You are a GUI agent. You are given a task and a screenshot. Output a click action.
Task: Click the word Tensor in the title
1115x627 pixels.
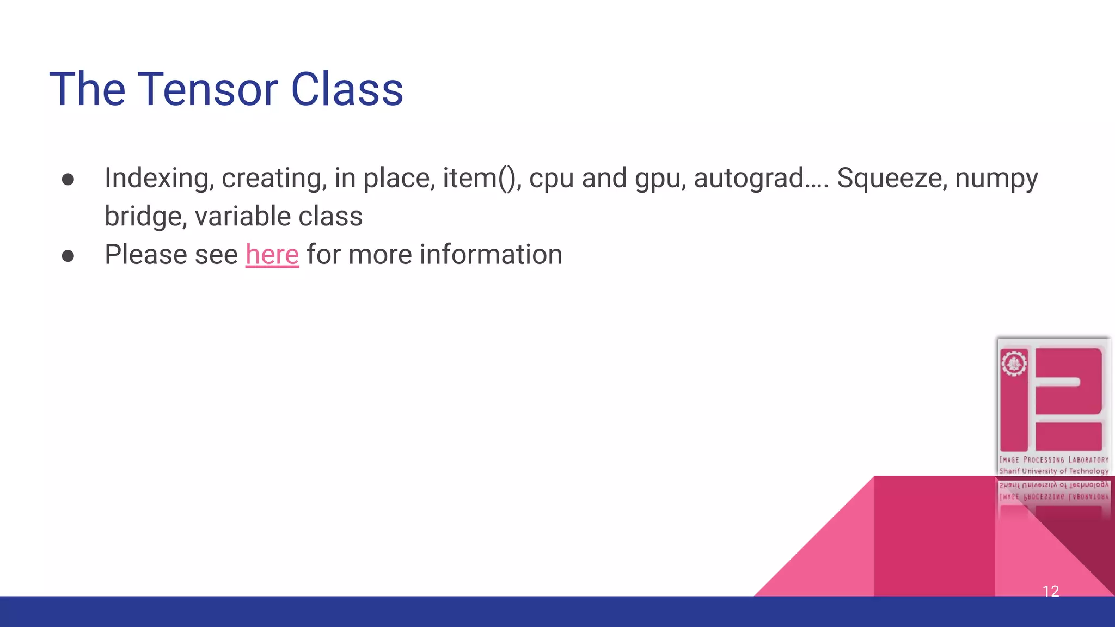(x=208, y=89)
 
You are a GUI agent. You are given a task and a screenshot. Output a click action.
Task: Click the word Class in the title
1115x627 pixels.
(x=347, y=89)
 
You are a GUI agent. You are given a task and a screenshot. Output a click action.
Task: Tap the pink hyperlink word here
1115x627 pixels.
(x=272, y=255)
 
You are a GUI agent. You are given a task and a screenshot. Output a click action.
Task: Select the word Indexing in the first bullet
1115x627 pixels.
(x=159, y=179)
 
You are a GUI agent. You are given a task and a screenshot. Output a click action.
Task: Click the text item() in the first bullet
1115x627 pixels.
(x=481, y=178)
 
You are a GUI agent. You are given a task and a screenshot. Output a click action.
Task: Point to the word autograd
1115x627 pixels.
(x=749, y=179)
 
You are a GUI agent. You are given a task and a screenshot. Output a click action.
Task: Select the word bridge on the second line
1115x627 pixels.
(x=146, y=216)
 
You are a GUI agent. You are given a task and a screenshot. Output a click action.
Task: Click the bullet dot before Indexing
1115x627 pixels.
(x=68, y=180)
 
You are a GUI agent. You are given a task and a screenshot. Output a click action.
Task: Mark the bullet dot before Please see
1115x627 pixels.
(x=68, y=256)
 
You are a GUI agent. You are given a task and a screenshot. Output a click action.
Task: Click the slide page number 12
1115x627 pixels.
(x=1050, y=591)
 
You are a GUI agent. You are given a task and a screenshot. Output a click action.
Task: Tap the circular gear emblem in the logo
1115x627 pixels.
(x=1014, y=363)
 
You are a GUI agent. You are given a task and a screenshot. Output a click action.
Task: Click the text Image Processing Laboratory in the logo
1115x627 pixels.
(x=1053, y=460)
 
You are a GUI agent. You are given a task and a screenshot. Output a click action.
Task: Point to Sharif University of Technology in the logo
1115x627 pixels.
(x=1053, y=471)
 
